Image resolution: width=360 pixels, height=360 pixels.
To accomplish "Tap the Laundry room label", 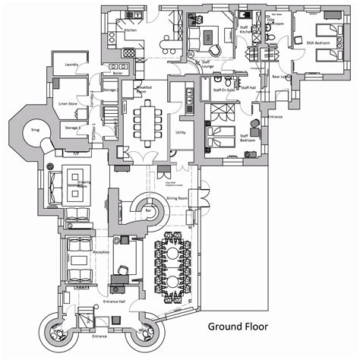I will [73, 65].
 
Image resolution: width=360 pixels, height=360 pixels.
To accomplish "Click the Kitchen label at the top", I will [130, 30].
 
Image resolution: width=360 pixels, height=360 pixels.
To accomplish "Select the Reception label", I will [101, 251].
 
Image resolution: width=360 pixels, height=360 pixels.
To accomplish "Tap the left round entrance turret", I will [60, 330].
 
